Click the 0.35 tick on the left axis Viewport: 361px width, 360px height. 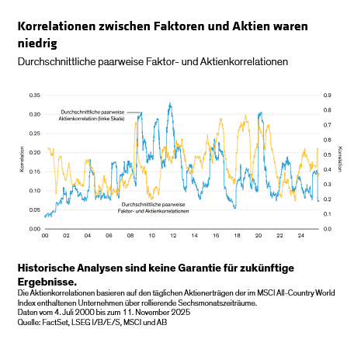point(34,95)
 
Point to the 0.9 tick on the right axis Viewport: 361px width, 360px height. point(328,95)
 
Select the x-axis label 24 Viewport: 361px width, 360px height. point(300,235)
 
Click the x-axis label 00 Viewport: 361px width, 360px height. point(45,235)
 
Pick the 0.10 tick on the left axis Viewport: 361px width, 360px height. point(34,190)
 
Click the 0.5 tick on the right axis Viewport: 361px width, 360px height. point(328,154)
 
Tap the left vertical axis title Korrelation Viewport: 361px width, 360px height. point(21,161)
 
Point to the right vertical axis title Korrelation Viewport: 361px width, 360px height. point(340,161)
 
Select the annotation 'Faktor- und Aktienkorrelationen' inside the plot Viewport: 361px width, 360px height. point(155,210)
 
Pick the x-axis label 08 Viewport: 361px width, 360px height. point(130,235)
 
